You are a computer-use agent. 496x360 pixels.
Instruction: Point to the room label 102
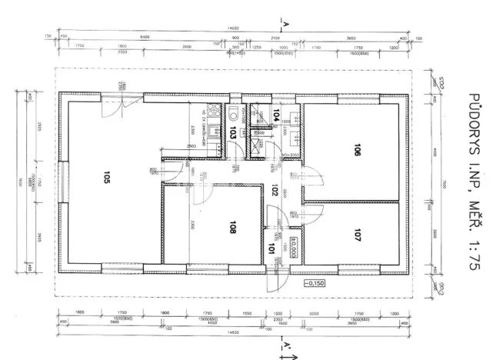274,189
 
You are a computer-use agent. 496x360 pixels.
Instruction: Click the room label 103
233,133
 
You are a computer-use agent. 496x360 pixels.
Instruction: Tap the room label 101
271,248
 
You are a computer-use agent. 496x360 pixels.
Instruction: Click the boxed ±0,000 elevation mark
293,248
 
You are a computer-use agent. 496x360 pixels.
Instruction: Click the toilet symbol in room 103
233,114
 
